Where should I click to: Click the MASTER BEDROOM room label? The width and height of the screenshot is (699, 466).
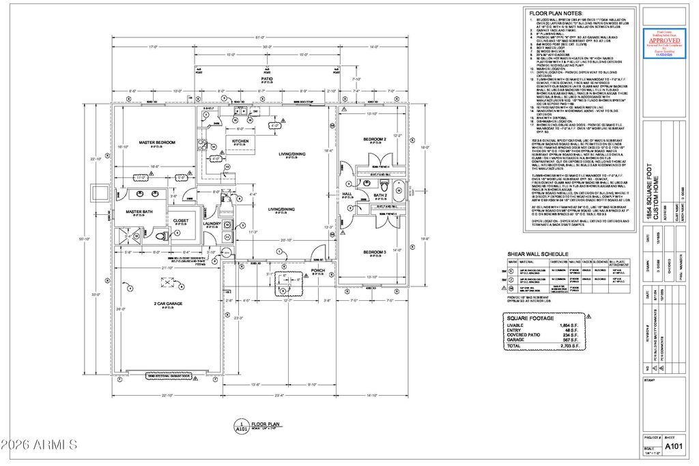tap(158, 143)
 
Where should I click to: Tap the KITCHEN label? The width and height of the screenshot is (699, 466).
tap(240, 141)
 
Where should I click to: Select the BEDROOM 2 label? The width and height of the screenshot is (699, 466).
tap(375, 139)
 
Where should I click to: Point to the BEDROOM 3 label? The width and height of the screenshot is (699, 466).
tap(375, 252)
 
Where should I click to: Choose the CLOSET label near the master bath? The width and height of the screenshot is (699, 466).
tap(181, 221)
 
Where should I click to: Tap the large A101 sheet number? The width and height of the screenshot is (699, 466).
tap(674, 446)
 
